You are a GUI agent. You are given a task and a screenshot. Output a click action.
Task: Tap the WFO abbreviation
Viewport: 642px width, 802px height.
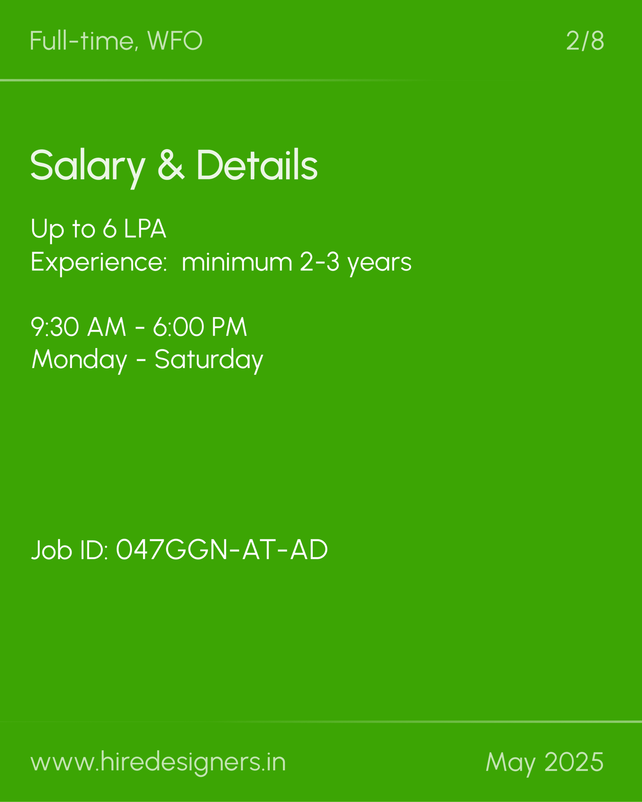tap(175, 41)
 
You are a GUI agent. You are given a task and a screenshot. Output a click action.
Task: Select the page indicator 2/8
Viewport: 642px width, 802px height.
tap(585, 41)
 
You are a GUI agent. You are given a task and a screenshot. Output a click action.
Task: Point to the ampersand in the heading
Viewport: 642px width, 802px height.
tap(171, 164)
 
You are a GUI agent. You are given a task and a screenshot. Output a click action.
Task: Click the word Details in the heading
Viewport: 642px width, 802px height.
tap(257, 164)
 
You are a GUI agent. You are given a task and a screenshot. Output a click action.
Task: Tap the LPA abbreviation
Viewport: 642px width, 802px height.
tap(145, 229)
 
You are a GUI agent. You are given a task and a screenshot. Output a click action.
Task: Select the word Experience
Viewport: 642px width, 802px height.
tap(99, 263)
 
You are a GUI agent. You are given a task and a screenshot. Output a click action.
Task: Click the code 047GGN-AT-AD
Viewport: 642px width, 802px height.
tap(222, 550)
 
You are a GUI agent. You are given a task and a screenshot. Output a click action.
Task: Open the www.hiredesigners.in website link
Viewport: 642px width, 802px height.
tap(158, 761)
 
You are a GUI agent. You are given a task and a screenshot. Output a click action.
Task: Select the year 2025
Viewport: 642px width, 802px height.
tap(574, 762)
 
